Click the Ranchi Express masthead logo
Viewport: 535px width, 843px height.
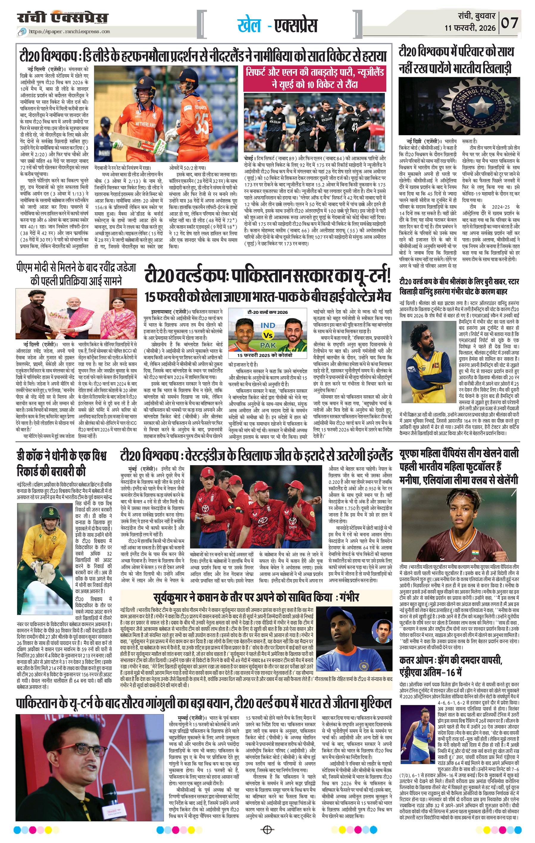point(63,18)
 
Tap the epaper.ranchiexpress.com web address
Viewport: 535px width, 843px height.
point(69,32)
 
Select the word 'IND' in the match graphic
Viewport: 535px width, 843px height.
point(268,326)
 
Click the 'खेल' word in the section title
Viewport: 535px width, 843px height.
point(249,26)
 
